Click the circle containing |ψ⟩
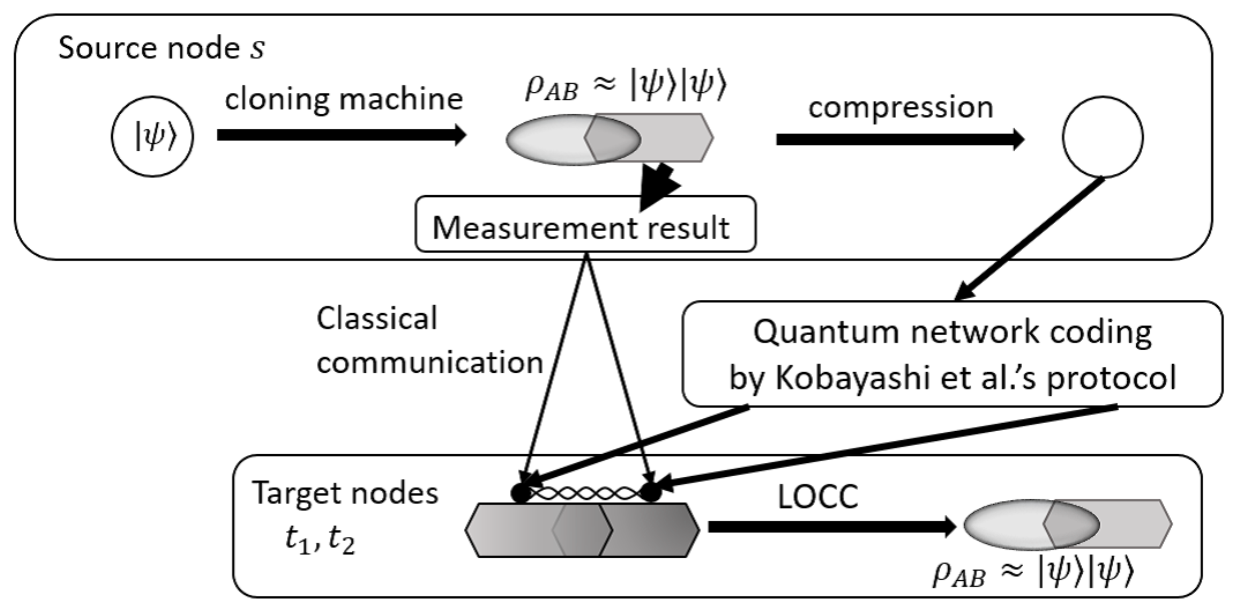point(152,136)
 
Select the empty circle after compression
point(1103,137)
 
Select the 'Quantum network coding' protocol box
point(952,354)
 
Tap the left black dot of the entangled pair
point(521,492)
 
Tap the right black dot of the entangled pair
point(651,492)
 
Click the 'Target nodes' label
point(345,493)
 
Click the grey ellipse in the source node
point(552,139)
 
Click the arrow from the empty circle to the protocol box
point(1029,239)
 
